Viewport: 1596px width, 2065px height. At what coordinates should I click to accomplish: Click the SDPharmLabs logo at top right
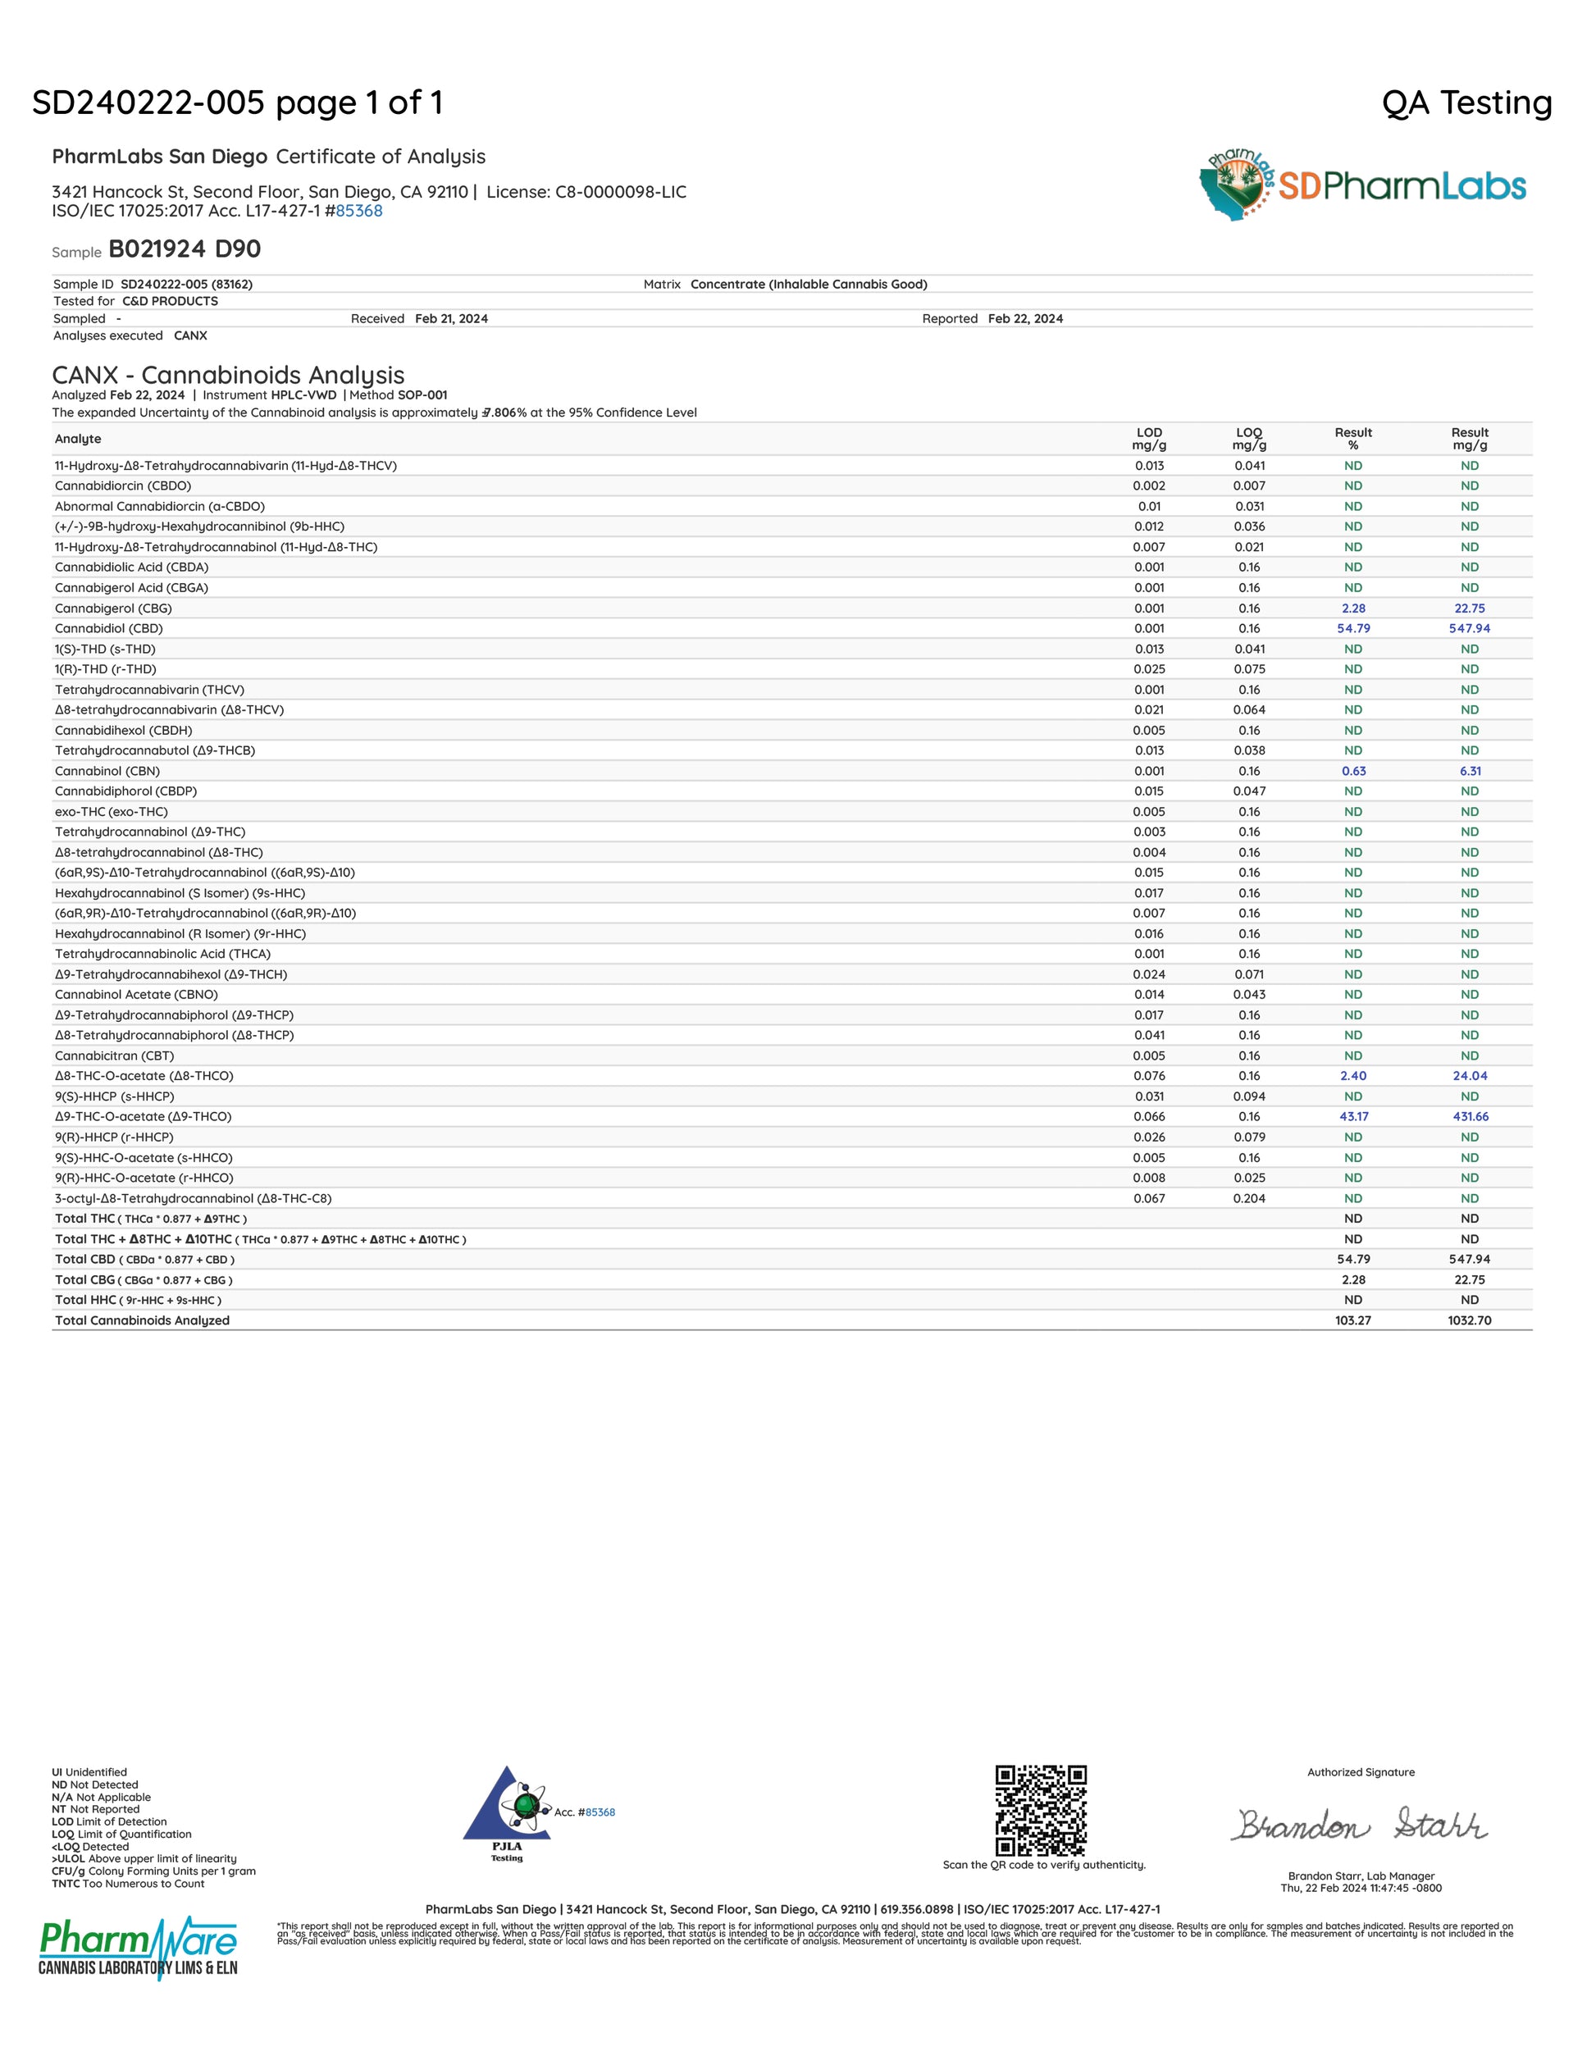(1361, 185)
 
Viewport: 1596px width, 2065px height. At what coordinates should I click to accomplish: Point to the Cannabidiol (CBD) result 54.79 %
(1353, 629)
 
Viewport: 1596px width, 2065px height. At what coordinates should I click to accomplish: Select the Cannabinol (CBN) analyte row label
(107, 772)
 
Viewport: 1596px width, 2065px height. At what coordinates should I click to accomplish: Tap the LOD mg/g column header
(1149, 439)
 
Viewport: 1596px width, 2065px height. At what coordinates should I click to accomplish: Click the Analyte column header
(78, 439)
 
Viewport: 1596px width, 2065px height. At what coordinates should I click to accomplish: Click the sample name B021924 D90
(185, 249)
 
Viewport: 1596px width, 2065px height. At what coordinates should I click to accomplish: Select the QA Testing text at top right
(1466, 103)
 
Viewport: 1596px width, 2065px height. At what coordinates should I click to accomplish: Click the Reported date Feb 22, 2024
(1025, 319)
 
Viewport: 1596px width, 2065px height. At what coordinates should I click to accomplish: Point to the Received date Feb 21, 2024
(451, 319)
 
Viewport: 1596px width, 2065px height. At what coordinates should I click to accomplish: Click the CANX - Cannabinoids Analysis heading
(228, 376)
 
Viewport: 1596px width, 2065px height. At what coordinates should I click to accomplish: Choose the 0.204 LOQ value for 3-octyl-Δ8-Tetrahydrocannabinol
(1249, 1199)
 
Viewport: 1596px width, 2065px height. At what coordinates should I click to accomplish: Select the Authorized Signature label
(1361, 1773)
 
